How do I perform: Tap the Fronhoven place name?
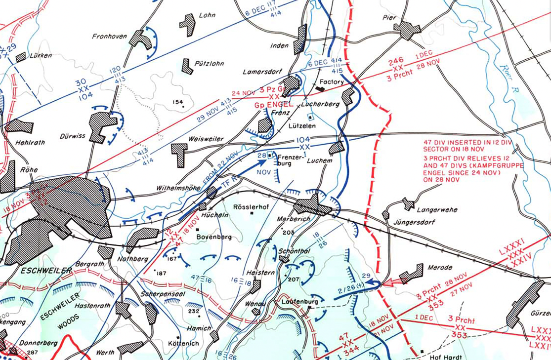pyautogui.click(x=109, y=37)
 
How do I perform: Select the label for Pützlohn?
pyautogui.click(x=210, y=64)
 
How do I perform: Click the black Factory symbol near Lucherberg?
pyautogui.click(x=320, y=89)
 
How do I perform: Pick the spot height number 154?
pyautogui.click(x=177, y=102)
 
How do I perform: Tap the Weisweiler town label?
pyautogui.click(x=206, y=139)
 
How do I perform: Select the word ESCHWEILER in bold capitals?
pyautogui.click(x=46, y=271)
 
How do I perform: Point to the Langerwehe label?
pyautogui.click(x=437, y=210)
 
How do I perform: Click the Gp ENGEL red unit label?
pyautogui.click(x=271, y=105)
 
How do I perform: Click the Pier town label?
pyautogui.click(x=389, y=18)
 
